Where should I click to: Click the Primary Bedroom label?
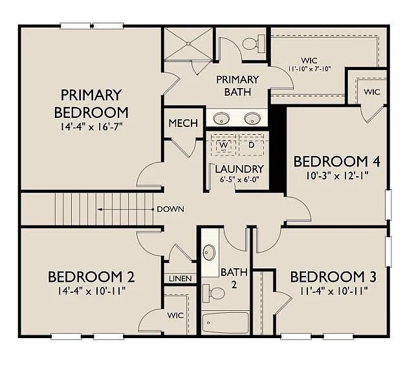[91, 102]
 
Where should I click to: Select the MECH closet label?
[183, 124]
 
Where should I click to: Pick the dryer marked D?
[252, 145]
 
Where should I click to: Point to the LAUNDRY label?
[237, 169]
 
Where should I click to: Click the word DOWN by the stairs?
[170, 209]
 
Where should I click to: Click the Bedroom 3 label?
[333, 277]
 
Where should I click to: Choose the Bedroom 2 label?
[91, 277]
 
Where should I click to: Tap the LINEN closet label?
[181, 279]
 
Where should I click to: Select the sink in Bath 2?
[210, 252]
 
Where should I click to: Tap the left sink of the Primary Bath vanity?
[221, 119]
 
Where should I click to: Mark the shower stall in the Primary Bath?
[188, 44]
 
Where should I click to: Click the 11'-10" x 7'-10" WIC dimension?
[309, 67]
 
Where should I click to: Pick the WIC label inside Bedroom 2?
[175, 315]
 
